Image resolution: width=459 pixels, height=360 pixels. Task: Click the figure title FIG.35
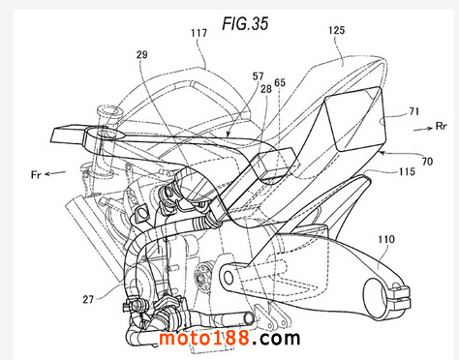245,23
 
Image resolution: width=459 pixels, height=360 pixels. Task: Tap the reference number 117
199,33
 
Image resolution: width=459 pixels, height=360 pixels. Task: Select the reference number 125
337,31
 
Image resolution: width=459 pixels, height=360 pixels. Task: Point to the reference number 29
142,55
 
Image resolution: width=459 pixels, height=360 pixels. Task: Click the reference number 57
258,76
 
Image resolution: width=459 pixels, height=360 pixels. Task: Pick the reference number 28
266,89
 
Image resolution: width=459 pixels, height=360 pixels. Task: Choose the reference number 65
280,83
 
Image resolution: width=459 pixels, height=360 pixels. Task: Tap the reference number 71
413,112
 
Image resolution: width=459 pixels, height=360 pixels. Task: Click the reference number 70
427,161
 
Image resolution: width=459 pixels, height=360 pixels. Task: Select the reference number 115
407,171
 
